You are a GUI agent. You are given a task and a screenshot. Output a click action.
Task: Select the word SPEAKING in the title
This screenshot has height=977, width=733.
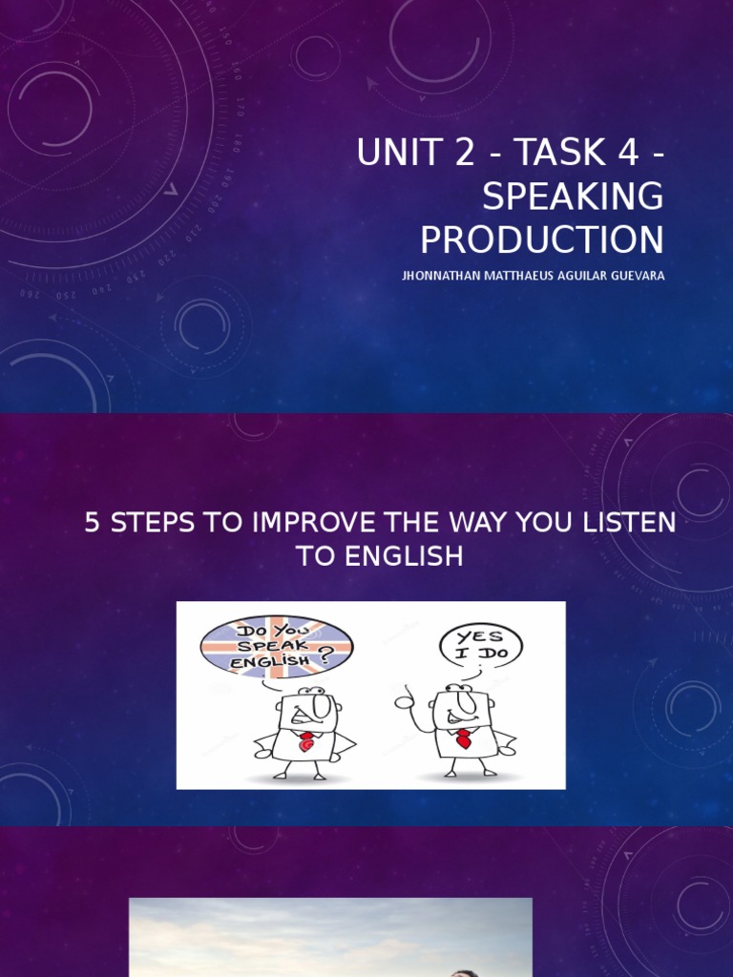[573, 197]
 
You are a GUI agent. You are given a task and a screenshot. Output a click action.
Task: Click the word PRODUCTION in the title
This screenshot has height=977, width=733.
[542, 240]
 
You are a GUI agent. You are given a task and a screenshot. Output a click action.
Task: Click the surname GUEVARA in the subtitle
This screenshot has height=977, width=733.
[635, 277]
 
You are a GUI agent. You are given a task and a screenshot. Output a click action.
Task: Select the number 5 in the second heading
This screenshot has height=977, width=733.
[93, 524]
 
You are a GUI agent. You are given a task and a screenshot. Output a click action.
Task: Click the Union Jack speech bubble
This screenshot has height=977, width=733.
[276, 646]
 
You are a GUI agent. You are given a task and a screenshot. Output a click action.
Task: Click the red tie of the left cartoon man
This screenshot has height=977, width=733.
[305, 741]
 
